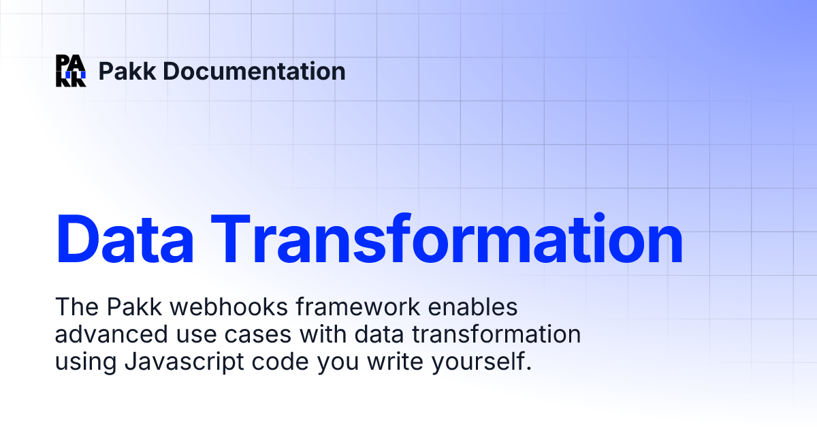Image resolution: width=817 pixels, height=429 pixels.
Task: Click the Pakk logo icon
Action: point(71,71)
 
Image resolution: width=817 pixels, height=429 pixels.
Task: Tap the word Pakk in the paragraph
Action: point(129,308)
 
